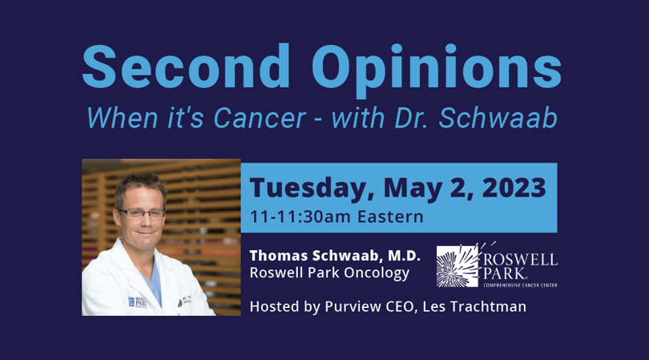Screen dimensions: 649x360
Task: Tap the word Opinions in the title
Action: coord(437,70)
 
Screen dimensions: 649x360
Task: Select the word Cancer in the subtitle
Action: coord(260,118)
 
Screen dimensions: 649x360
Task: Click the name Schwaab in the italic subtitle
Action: coord(498,118)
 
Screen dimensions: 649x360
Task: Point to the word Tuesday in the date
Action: coord(308,188)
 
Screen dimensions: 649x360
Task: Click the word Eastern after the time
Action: coord(390,216)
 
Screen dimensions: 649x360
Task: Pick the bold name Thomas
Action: coord(279,256)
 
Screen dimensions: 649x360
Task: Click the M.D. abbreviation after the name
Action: coord(404,256)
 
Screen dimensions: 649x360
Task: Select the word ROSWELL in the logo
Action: coord(521,260)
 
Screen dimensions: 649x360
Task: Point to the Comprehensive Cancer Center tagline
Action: coord(520,285)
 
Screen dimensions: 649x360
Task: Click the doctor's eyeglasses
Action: coord(142,214)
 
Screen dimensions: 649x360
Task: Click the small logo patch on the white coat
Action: coord(136,302)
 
